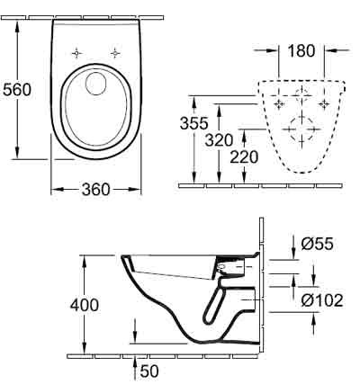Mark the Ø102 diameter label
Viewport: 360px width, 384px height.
322,300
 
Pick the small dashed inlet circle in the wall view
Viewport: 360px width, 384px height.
301,95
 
